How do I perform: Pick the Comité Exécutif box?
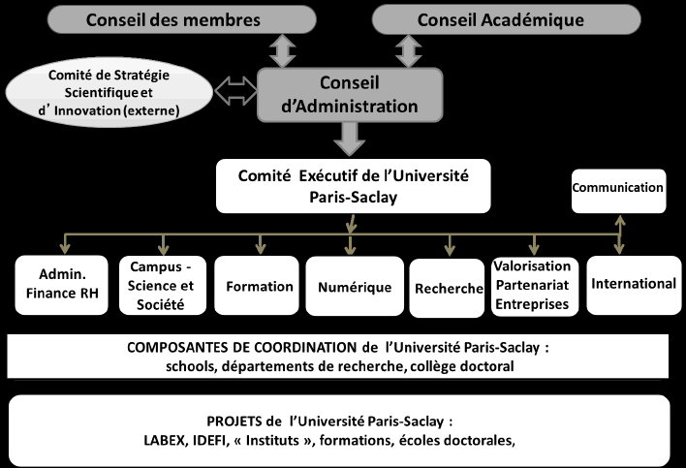tap(354, 185)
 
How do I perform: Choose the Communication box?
tap(617, 187)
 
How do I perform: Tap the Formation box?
tap(258, 286)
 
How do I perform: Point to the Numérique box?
tap(355, 287)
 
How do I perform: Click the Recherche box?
tap(448, 289)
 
